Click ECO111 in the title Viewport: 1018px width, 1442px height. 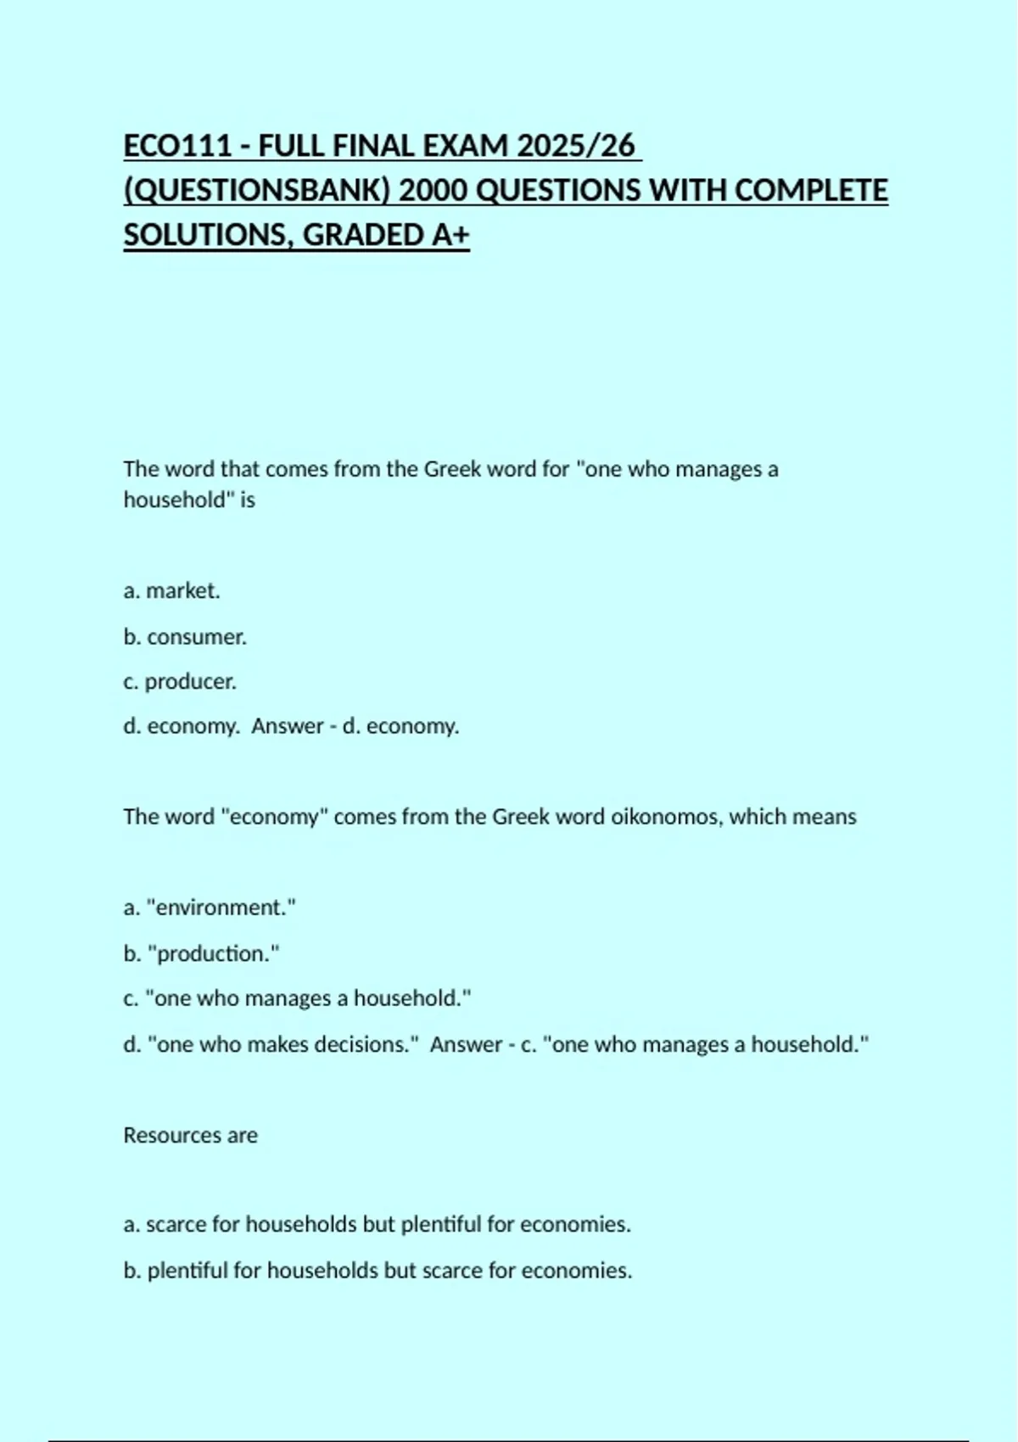pos(177,146)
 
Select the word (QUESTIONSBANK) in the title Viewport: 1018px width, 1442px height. pos(257,190)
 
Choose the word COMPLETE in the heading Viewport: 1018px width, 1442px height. pos(811,190)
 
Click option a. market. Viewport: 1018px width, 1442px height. pos(172,591)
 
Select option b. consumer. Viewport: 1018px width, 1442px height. pos(185,637)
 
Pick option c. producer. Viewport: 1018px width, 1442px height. pos(180,682)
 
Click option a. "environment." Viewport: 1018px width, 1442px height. pos(210,908)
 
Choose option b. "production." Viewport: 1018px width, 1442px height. pos(201,953)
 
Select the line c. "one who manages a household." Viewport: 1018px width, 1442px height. pos(297,998)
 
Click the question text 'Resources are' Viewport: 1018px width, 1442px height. pos(190,1135)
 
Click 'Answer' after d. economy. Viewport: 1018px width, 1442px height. pos(288,726)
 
